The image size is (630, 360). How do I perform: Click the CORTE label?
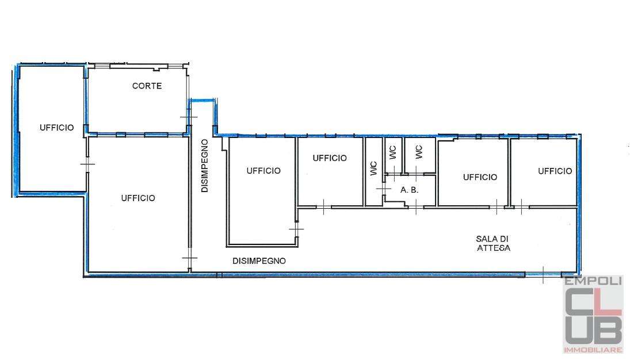tap(147, 86)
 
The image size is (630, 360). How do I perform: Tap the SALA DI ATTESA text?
tap(493, 243)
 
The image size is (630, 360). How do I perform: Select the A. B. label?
tap(410, 190)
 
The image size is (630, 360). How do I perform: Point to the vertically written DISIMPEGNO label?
tap(205, 166)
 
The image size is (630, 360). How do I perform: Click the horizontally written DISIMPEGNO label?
tap(259, 261)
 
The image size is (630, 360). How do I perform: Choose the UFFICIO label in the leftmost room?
tap(56, 127)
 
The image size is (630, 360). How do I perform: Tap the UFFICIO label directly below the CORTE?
tap(138, 198)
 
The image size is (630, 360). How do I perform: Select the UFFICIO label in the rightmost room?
tap(555, 171)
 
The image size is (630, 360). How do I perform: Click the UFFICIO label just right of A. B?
tap(480, 177)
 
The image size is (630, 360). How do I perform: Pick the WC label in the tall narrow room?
tap(373, 168)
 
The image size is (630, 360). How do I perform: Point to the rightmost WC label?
tap(419, 152)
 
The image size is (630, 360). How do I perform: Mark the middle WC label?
tap(393, 152)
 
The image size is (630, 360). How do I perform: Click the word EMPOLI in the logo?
tap(593, 281)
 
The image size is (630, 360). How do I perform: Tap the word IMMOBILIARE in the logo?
tap(593, 350)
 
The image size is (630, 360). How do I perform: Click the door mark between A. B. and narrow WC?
tap(384, 189)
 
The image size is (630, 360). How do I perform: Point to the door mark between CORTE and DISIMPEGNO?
tap(189, 117)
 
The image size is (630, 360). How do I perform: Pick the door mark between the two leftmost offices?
tap(87, 164)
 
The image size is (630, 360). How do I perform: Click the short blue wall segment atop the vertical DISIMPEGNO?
tap(203, 100)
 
